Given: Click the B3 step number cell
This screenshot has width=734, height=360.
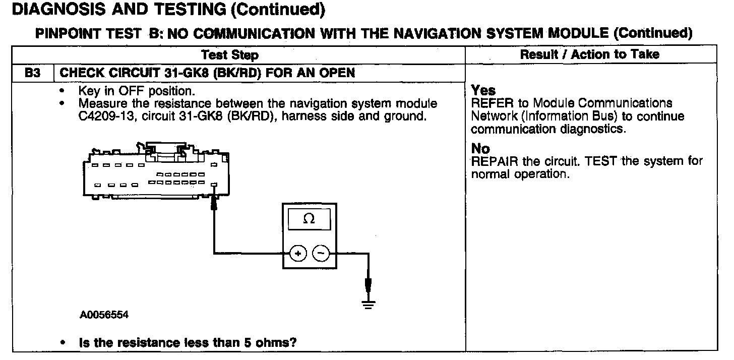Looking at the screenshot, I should point(32,73).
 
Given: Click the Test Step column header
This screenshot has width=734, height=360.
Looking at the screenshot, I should point(229,54).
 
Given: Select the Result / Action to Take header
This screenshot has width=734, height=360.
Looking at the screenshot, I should point(589,54).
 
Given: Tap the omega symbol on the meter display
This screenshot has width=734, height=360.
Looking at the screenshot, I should point(309,220).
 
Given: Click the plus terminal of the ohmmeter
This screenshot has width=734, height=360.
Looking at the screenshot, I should point(298,254).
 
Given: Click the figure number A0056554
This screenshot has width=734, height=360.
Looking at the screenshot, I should point(104,315).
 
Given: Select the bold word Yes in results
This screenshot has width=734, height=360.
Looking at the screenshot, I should point(483,91).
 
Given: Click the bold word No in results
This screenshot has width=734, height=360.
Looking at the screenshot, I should point(480,149).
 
